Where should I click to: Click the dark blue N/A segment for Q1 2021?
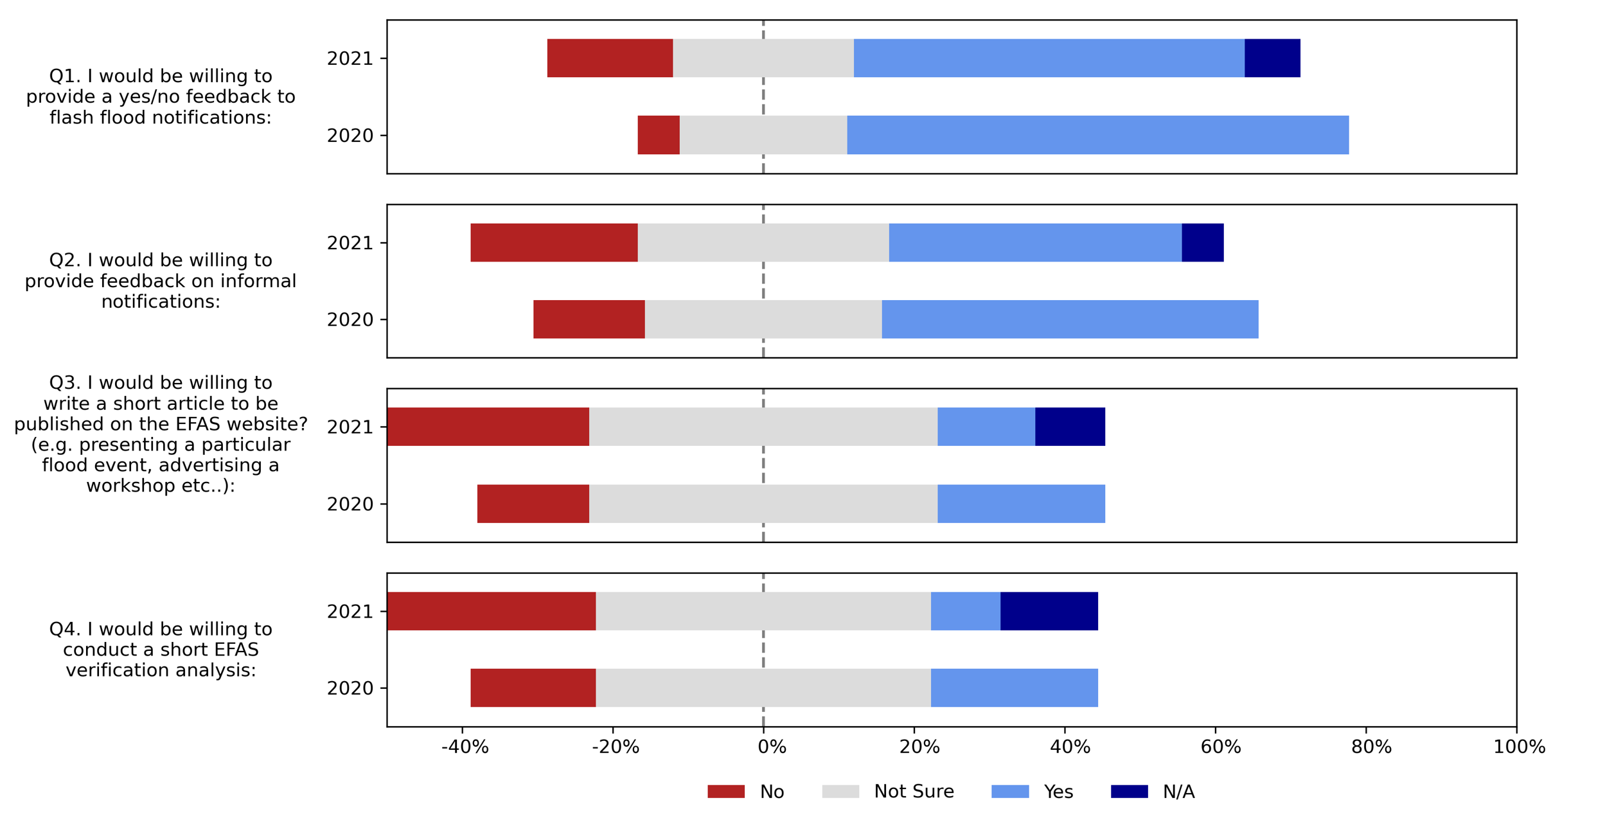pyautogui.click(x=1272, y=58)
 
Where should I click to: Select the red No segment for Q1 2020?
pyautogui.click(x=658, y=135)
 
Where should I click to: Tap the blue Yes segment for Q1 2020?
pyautogui.click(x=1097, y=135)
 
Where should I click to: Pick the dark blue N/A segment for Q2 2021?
pyautogui.click(x=1202, y=243)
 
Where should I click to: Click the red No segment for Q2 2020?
pyautogui.click(x=589, y=319)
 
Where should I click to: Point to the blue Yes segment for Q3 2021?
pyautogui.click(x=986, y=427)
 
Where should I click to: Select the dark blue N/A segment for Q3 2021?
pyautogui.click(x=1070, y=427)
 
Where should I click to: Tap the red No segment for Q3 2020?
pyautogui.click(x=533, y=504)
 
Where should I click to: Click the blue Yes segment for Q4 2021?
pyautogui.click(x=965, y=611)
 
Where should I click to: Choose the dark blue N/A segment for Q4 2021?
pyautogui.click(x=1049, y=611)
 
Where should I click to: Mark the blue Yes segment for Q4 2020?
pyautogui.click(x=1014, y=688)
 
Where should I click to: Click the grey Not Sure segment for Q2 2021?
pyautogui.click(x=763, y=243)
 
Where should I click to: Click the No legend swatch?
pyautogui.click(x=725, y=792)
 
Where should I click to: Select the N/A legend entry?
pyautogui.click(x=1178, y=792)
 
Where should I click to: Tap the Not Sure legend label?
pyautogui.click(x=913, y=792)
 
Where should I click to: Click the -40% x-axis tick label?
pyautogui.click(x=465, y=747)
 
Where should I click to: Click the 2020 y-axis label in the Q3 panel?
pyautogui.click(x=350, y=504)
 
